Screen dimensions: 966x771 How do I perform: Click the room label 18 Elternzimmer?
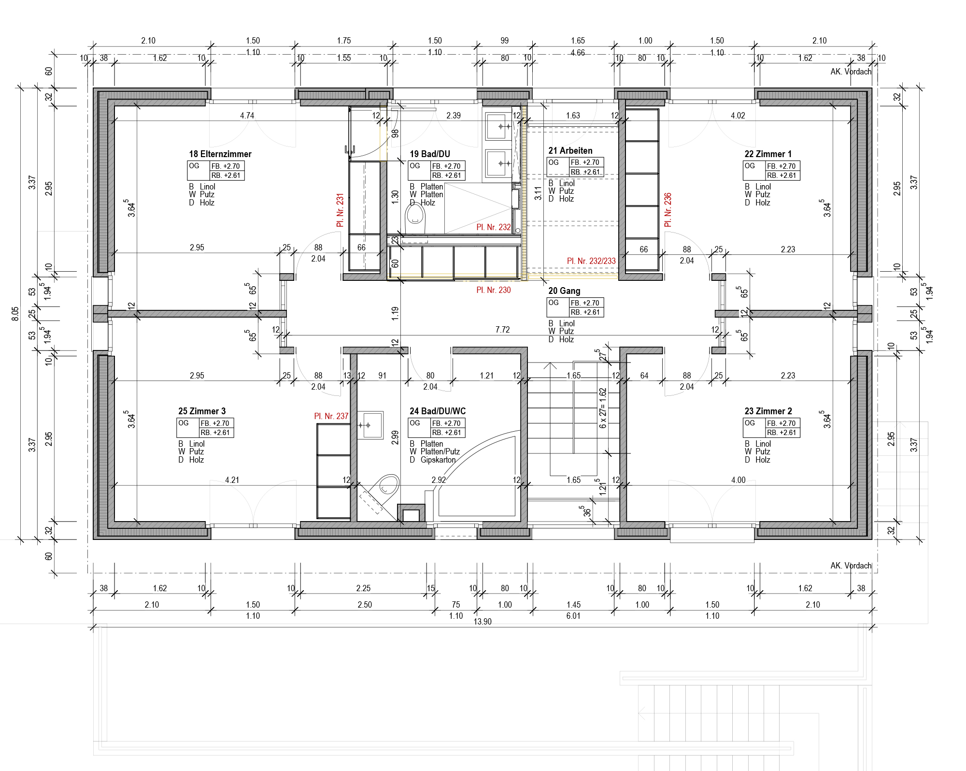[x=220, y=154]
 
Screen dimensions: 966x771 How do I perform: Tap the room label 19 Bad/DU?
[x=430, y=154]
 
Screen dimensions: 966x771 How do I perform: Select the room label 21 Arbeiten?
[x=570, y=151]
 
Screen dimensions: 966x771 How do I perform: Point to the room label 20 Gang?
[x=564, y=291]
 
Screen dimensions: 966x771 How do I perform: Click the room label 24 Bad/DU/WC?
[x=438, y=411]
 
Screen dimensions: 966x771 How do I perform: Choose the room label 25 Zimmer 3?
[x=202, y=411]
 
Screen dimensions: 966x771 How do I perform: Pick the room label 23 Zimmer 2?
[x=768, y=411]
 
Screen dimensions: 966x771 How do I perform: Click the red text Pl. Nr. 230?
[x=494, y=290]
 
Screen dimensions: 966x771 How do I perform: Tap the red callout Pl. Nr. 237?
[x=331, y=416]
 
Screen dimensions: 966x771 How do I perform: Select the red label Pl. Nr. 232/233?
[x=591, y=261]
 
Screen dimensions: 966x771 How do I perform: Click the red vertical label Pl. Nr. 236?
[x=668, y=210]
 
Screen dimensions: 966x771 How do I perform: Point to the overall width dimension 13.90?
[x=483, y=622]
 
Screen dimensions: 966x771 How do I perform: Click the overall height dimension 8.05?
[x=15, y=314]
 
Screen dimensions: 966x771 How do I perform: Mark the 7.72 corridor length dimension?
[x=502, y=330]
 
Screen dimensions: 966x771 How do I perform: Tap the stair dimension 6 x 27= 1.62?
[x=603, y=408]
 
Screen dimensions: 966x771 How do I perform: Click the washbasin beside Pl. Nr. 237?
[x=370, y=425]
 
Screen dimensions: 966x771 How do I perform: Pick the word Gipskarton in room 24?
[x=438, y=460]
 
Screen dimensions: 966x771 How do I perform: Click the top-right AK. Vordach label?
[x=851, y=72]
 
